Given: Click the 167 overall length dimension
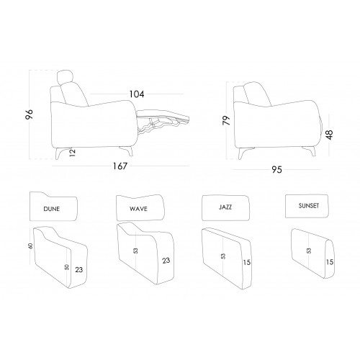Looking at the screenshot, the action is [120, 166].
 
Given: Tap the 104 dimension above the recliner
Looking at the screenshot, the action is [137, 94].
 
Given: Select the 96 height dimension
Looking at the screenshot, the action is [29, 114].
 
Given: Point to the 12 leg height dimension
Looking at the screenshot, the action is [72, 153].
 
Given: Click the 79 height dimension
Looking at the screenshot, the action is [226, 120].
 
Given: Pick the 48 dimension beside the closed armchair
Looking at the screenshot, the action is [330, 135].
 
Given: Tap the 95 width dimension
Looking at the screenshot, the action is [276, 170].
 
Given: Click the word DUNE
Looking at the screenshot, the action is [52, 209].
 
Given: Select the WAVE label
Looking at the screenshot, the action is [138, 209].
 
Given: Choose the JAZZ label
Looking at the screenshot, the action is [225, 207].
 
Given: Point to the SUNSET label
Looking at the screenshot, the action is [309, 206].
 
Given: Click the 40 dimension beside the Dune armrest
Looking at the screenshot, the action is [30, 246].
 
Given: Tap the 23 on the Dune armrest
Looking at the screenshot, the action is [79, 270].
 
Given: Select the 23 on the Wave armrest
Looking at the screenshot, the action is [166, 261].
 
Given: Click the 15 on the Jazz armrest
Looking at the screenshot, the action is [247, 262].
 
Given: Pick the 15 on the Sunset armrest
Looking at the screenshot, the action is [330, 262].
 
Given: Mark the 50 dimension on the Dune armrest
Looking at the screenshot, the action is [67, 266].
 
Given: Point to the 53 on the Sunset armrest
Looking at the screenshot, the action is [309, 251].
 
